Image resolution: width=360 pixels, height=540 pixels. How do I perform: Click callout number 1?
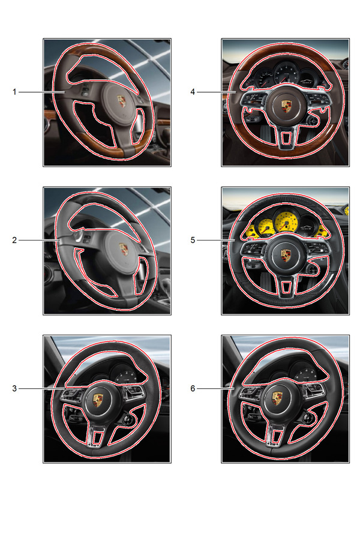click(14, 92)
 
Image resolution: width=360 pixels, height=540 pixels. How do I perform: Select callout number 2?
click(14, 240)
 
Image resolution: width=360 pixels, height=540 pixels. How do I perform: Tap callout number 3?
click(14, 388)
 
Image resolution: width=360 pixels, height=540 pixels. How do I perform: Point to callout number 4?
click(193, 92)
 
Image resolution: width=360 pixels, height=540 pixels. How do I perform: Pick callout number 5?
click(193, 240)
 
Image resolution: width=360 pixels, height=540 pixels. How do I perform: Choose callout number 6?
click(193, 388)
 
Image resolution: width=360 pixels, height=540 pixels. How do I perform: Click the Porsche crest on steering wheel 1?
click(122, 101)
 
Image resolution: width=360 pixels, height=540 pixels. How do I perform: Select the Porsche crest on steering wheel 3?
click(98, 400)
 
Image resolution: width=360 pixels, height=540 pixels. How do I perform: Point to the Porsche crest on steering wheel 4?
click(286, 106)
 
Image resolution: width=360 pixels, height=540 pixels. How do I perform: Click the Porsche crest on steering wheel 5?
click(286, 255)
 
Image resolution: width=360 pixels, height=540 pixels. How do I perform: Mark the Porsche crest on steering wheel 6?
click(277, 398)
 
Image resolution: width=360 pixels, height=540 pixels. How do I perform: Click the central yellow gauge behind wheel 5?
click(286, 223)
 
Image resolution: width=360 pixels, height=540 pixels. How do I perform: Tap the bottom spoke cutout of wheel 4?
click(286, 137)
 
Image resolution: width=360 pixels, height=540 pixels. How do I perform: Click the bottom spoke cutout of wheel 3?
click(98, 437)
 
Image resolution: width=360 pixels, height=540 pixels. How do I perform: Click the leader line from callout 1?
click(41, 92)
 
